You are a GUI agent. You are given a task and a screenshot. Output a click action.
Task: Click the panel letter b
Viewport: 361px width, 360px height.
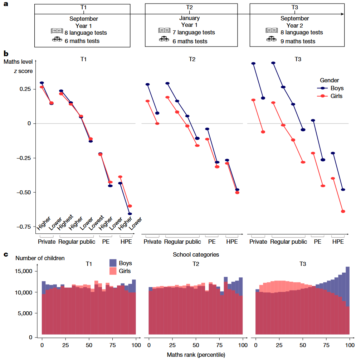6,54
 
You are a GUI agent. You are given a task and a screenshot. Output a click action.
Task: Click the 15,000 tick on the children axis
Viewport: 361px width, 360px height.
25,271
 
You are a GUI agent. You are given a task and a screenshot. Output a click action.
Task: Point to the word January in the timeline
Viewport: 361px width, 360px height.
190,18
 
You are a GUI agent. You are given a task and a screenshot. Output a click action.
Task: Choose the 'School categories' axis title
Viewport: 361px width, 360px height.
196,255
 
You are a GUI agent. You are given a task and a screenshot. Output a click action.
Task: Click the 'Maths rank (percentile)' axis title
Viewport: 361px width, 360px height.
196,355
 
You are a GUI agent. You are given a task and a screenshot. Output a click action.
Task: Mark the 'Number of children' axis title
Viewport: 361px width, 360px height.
40,258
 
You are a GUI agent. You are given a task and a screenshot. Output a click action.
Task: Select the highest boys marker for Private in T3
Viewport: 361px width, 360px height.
253,64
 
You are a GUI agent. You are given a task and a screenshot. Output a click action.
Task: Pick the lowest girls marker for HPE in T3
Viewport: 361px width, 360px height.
343,211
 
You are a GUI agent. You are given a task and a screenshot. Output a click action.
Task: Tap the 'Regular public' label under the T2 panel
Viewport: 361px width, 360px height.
182,242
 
